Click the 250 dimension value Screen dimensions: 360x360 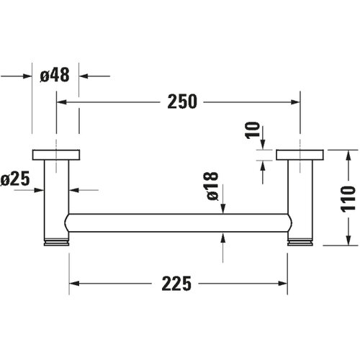tap(182, 102)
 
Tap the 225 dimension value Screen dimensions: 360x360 tap(176, 284)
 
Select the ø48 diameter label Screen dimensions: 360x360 tap(55, 75)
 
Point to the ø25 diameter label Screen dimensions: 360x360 tap(15, 179)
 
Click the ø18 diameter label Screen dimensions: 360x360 tap(212, 186)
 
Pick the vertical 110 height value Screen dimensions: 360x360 tap(348, 199)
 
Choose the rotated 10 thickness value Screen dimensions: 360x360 tap(253, 130)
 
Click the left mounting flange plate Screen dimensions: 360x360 tap(56, 155)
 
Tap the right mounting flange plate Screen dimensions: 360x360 tap(300, 155)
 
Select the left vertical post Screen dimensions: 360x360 tap(56, 199)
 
